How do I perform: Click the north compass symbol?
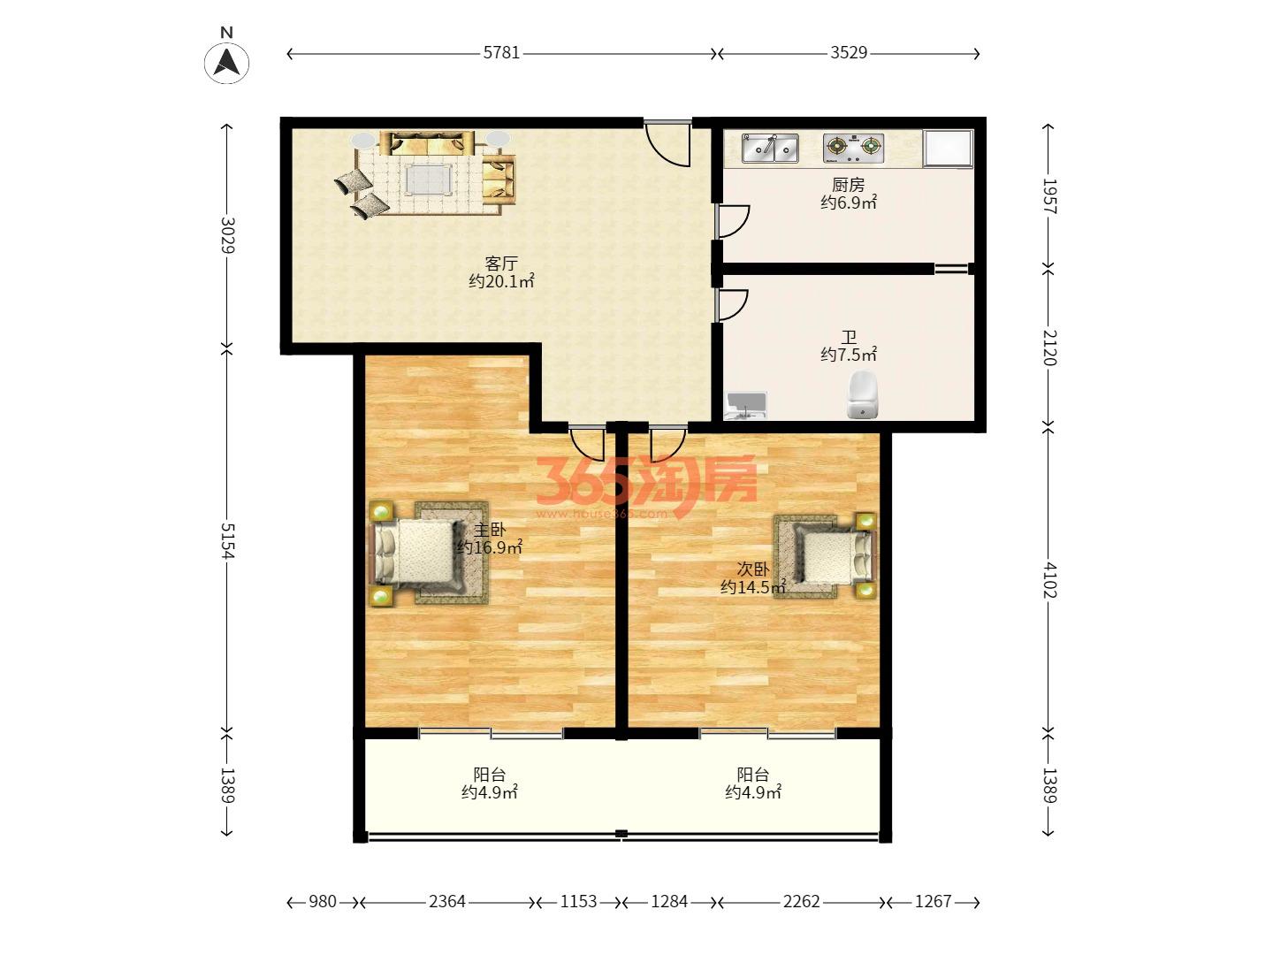(227, 62)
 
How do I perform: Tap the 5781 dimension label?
(501, 53)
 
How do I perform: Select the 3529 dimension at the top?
(849, 53)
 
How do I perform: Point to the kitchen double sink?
(770, 148)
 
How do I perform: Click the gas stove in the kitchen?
(854, 148)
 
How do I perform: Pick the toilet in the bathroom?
(863, 394)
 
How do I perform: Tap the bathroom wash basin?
(746, 405)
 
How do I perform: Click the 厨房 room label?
(848, 185)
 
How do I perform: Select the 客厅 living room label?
(501, 264)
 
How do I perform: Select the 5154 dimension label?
(227, 540)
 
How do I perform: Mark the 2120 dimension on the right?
(1049, 348)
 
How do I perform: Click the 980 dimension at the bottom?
(323, 902)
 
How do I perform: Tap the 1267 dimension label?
(934, 902)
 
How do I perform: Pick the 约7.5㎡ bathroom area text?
(848, 355)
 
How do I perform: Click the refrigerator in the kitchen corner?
(948, 149)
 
